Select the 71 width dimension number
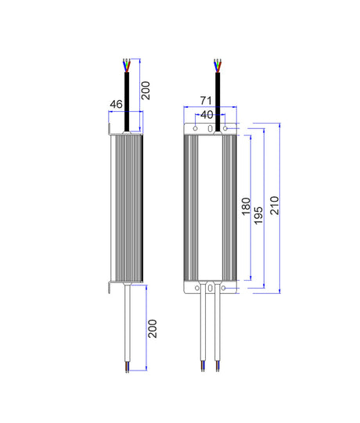(x=206, y=101)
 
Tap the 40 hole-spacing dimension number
(x=207, y=114)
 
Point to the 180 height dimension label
(x=245, y=207)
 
